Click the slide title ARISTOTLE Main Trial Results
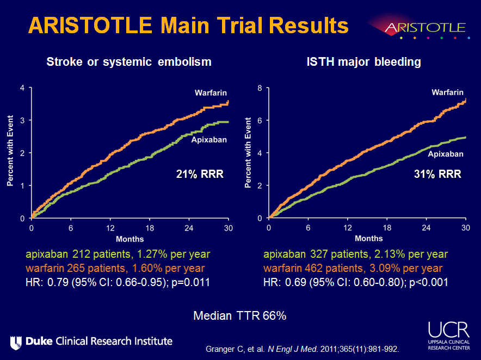[x=188, y=26]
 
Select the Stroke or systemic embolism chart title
[x=128, y=62]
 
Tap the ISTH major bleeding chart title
[x=364, y=62]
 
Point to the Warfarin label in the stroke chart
[x=211, y=93]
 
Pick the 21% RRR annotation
[x=200, y=174]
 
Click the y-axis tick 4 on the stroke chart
[x=22, y=88]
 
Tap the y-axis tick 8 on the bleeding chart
[x=260, y=88]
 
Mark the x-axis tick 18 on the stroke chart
[x=150, y=227]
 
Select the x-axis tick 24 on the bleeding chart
[x=426, y=227]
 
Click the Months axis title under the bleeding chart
[x=368, y=238]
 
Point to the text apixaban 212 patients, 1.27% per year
[x=118, y=254]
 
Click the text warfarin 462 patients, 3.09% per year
[x=353, y=268]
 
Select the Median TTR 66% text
[x=240, y=316]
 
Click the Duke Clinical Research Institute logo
[x=91, y=342]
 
